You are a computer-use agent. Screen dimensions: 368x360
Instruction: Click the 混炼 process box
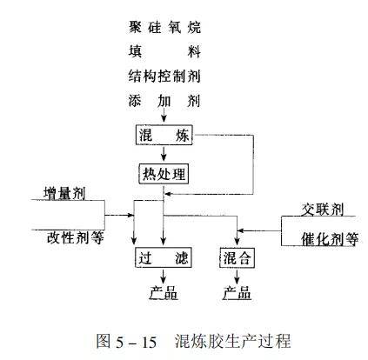pyautogui.click(x=164, y=135)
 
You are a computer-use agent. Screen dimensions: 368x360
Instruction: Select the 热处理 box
pyautogui.click(x=164, y=174)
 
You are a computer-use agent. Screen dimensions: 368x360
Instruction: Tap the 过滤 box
pyautogui.click(x=164, y=257)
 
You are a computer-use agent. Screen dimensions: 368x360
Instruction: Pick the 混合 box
pyautogui.click(x=237, y=257)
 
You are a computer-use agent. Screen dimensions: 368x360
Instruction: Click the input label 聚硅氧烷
pyautogui.click(x=164, y=27)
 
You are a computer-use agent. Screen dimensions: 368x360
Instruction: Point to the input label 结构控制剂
pyautogui.click(x=164, y=77)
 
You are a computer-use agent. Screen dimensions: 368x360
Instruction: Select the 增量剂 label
pyautogui.click(x=64, y=193)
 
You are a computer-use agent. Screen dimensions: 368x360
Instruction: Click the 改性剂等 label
pyautogui.click(x=76, y=238)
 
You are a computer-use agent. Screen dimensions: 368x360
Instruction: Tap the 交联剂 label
pyautogui.click(x=322, y=210)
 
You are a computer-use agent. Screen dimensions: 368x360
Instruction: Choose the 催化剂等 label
pyautogui.click(x=330, y=239)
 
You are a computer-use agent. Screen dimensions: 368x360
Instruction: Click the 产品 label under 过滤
pyautogui.click(x=164, y=293)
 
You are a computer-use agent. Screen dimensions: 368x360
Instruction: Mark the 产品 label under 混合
pyautogui.click(x=237, y=293)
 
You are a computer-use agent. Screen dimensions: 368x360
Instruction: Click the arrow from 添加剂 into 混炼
pyautogui.click(x=164, y=115)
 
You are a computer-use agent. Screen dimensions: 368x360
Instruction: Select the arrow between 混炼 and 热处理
pyautogui.click(x=164, y=154)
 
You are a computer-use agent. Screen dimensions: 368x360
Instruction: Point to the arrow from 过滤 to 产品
pyautogui.click(x=164, y=277)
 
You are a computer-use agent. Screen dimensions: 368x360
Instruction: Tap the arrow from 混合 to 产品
pyautogui.click(x=237, y=277)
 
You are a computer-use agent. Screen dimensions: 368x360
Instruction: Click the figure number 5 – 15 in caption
pyautogui.click(x=137, y=343)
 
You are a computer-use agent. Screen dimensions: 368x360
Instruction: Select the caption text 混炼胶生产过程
pyautogui.click(x=233, y=341)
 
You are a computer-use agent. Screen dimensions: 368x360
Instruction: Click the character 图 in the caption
pyautogui.click(x=104, y=341)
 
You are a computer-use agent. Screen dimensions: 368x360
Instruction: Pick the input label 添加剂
pyautogui.click(x=164, y=101)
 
